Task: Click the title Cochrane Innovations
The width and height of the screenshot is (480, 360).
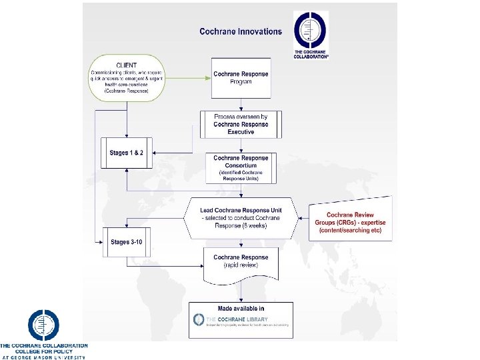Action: pos(241,31)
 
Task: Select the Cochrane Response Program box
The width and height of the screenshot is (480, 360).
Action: pos(241,78)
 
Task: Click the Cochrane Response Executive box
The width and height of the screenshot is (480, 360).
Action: pos(241,124)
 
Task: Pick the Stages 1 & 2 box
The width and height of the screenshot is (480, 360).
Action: pos(126,154)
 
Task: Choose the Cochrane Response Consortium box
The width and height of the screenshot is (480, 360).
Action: pos(241,167)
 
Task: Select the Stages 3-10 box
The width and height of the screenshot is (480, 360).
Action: pos(126,243)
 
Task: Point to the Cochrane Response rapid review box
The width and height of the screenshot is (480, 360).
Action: pos(241,261)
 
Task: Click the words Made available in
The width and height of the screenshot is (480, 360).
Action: pos(241,308)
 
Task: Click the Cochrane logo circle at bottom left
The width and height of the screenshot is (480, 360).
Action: pos(43,326)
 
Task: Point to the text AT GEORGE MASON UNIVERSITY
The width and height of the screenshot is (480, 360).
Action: pos(43,357)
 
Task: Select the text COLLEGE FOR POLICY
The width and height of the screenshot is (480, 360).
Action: pos(43,351)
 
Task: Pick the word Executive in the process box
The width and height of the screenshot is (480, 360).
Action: pos(241,132)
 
